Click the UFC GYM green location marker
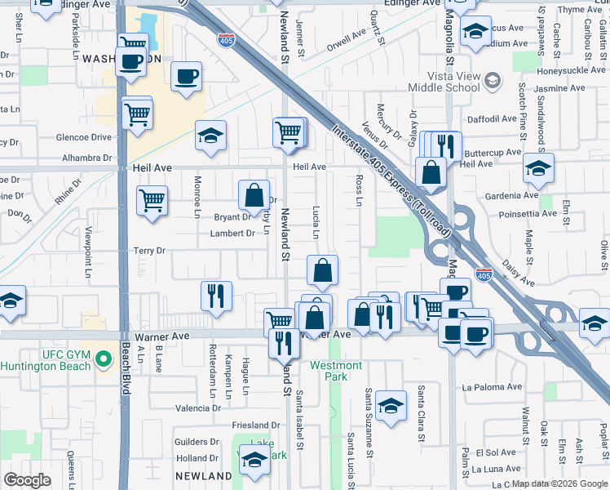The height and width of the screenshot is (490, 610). click(x=103, y=359)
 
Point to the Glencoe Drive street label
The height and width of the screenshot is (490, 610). click(x=84, y=138)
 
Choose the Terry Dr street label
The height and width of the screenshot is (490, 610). click(x=149, y=251)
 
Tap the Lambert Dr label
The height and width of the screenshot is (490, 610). click(x=232, y=234)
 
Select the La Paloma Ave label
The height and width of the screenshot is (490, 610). click(x=491, y=387)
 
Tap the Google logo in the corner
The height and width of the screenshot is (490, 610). click(x=27, y=480)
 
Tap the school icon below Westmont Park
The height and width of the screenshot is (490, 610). click(x=391, y=405)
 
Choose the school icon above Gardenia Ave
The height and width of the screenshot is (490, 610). click(x=538, y=168)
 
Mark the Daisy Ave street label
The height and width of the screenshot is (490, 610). click(x=517, y=274)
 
